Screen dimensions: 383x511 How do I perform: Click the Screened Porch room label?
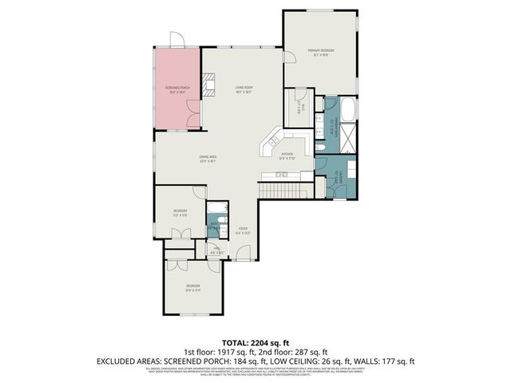177,89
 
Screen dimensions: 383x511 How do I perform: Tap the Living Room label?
244,89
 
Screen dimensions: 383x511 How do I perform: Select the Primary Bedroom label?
321,53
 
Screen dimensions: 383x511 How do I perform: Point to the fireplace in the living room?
210,84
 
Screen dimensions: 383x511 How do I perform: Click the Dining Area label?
208,159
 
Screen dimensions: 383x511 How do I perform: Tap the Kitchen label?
287,157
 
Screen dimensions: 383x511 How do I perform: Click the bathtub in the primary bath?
349,109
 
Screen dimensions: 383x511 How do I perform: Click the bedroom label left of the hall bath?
180,213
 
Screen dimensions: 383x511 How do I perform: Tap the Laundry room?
339,178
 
